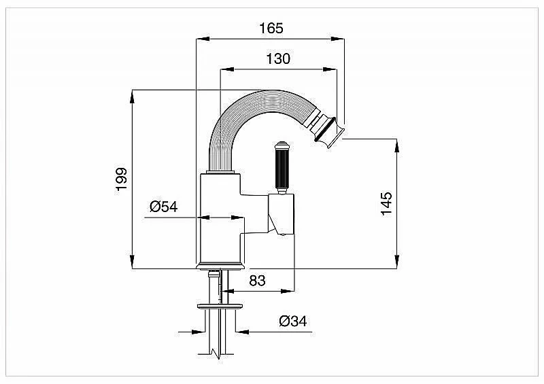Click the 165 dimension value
tap(271, 28)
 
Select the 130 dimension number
tap(278, 58)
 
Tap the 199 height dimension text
tap(122, 179)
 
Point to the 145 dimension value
tap(386, 203)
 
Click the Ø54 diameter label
tap(163, 207)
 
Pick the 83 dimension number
tap(257, 280)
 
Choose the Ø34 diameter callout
tap(293, 321)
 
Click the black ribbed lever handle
tap(282, 167)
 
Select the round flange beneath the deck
tap(220, 306)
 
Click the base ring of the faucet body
tap(220, 266)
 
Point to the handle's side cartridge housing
tap(281, 215)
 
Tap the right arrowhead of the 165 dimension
tap(337, 39)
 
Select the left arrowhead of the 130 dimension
tap(227, 69)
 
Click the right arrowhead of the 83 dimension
tap(288, 291)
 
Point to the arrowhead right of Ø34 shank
tap(242, 332)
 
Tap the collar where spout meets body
tap(220, 172)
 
